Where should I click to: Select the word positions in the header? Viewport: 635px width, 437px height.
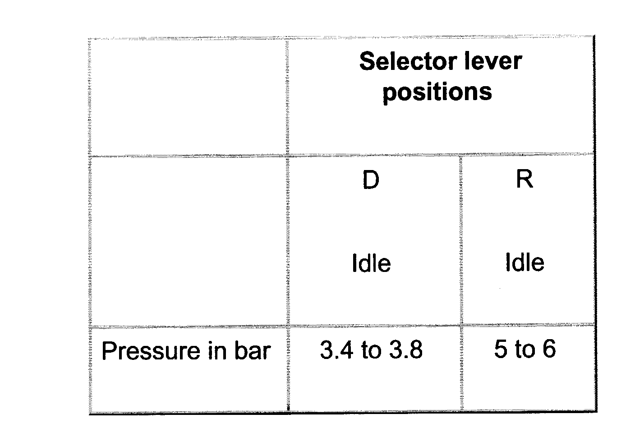point(437,92)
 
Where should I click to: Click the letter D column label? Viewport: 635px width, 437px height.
point(371,180)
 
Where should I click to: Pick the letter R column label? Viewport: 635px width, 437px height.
point(524,179)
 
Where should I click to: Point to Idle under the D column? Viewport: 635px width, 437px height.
point(371,263)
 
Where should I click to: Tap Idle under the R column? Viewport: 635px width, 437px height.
point(525,262)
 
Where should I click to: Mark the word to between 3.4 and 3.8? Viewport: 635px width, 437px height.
point(371,350)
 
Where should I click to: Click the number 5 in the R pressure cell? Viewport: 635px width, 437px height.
point(500,349)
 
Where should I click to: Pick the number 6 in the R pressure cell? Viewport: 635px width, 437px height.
point(548,349)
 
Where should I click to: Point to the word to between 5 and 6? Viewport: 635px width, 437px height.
point(525,350)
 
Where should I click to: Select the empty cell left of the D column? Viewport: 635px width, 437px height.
point(187,240)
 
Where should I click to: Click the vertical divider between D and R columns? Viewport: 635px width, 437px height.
point(460,240)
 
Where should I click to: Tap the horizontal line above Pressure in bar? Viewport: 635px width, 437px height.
point(187,326)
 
